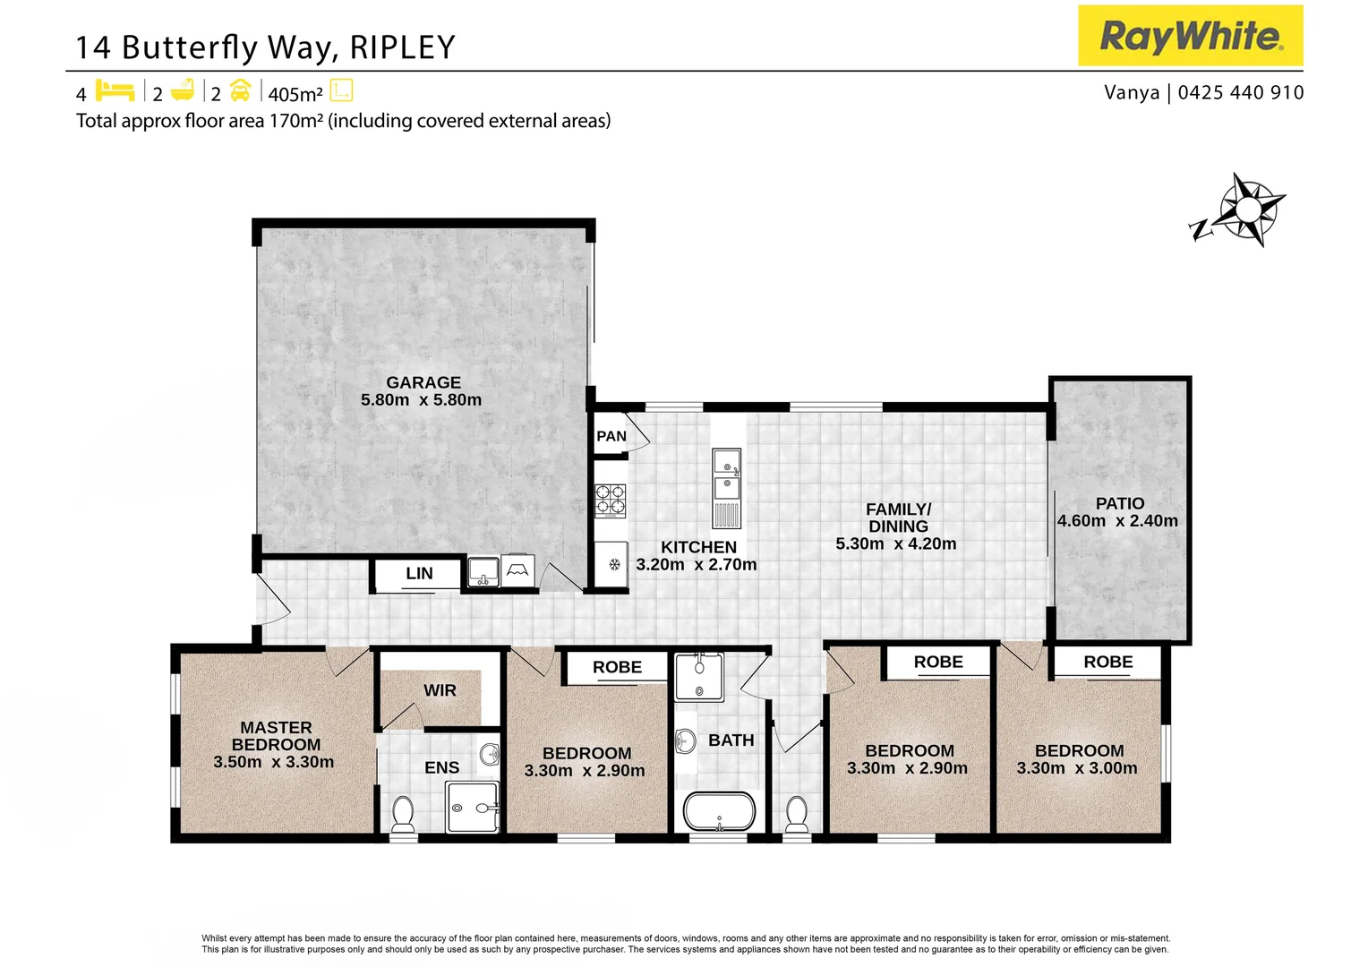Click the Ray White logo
(1190, 36)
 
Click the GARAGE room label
(423, 382)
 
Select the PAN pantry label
(611, 436)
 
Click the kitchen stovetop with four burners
(611, 501)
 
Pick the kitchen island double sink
(726, 475)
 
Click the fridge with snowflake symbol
(613, 564)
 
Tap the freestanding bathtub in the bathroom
(719, 811)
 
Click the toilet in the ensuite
(403, 814)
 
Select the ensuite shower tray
(472, 807)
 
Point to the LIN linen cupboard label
(419, 574)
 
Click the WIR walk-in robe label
(440, 690)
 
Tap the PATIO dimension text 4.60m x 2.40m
(1117, 521)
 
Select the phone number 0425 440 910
(1241, 92)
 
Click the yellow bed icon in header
(115, 90)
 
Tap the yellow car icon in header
(240, 90)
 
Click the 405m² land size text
(295, 94)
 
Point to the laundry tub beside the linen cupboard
(483, 570)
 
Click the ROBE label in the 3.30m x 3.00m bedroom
(1107, 663)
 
